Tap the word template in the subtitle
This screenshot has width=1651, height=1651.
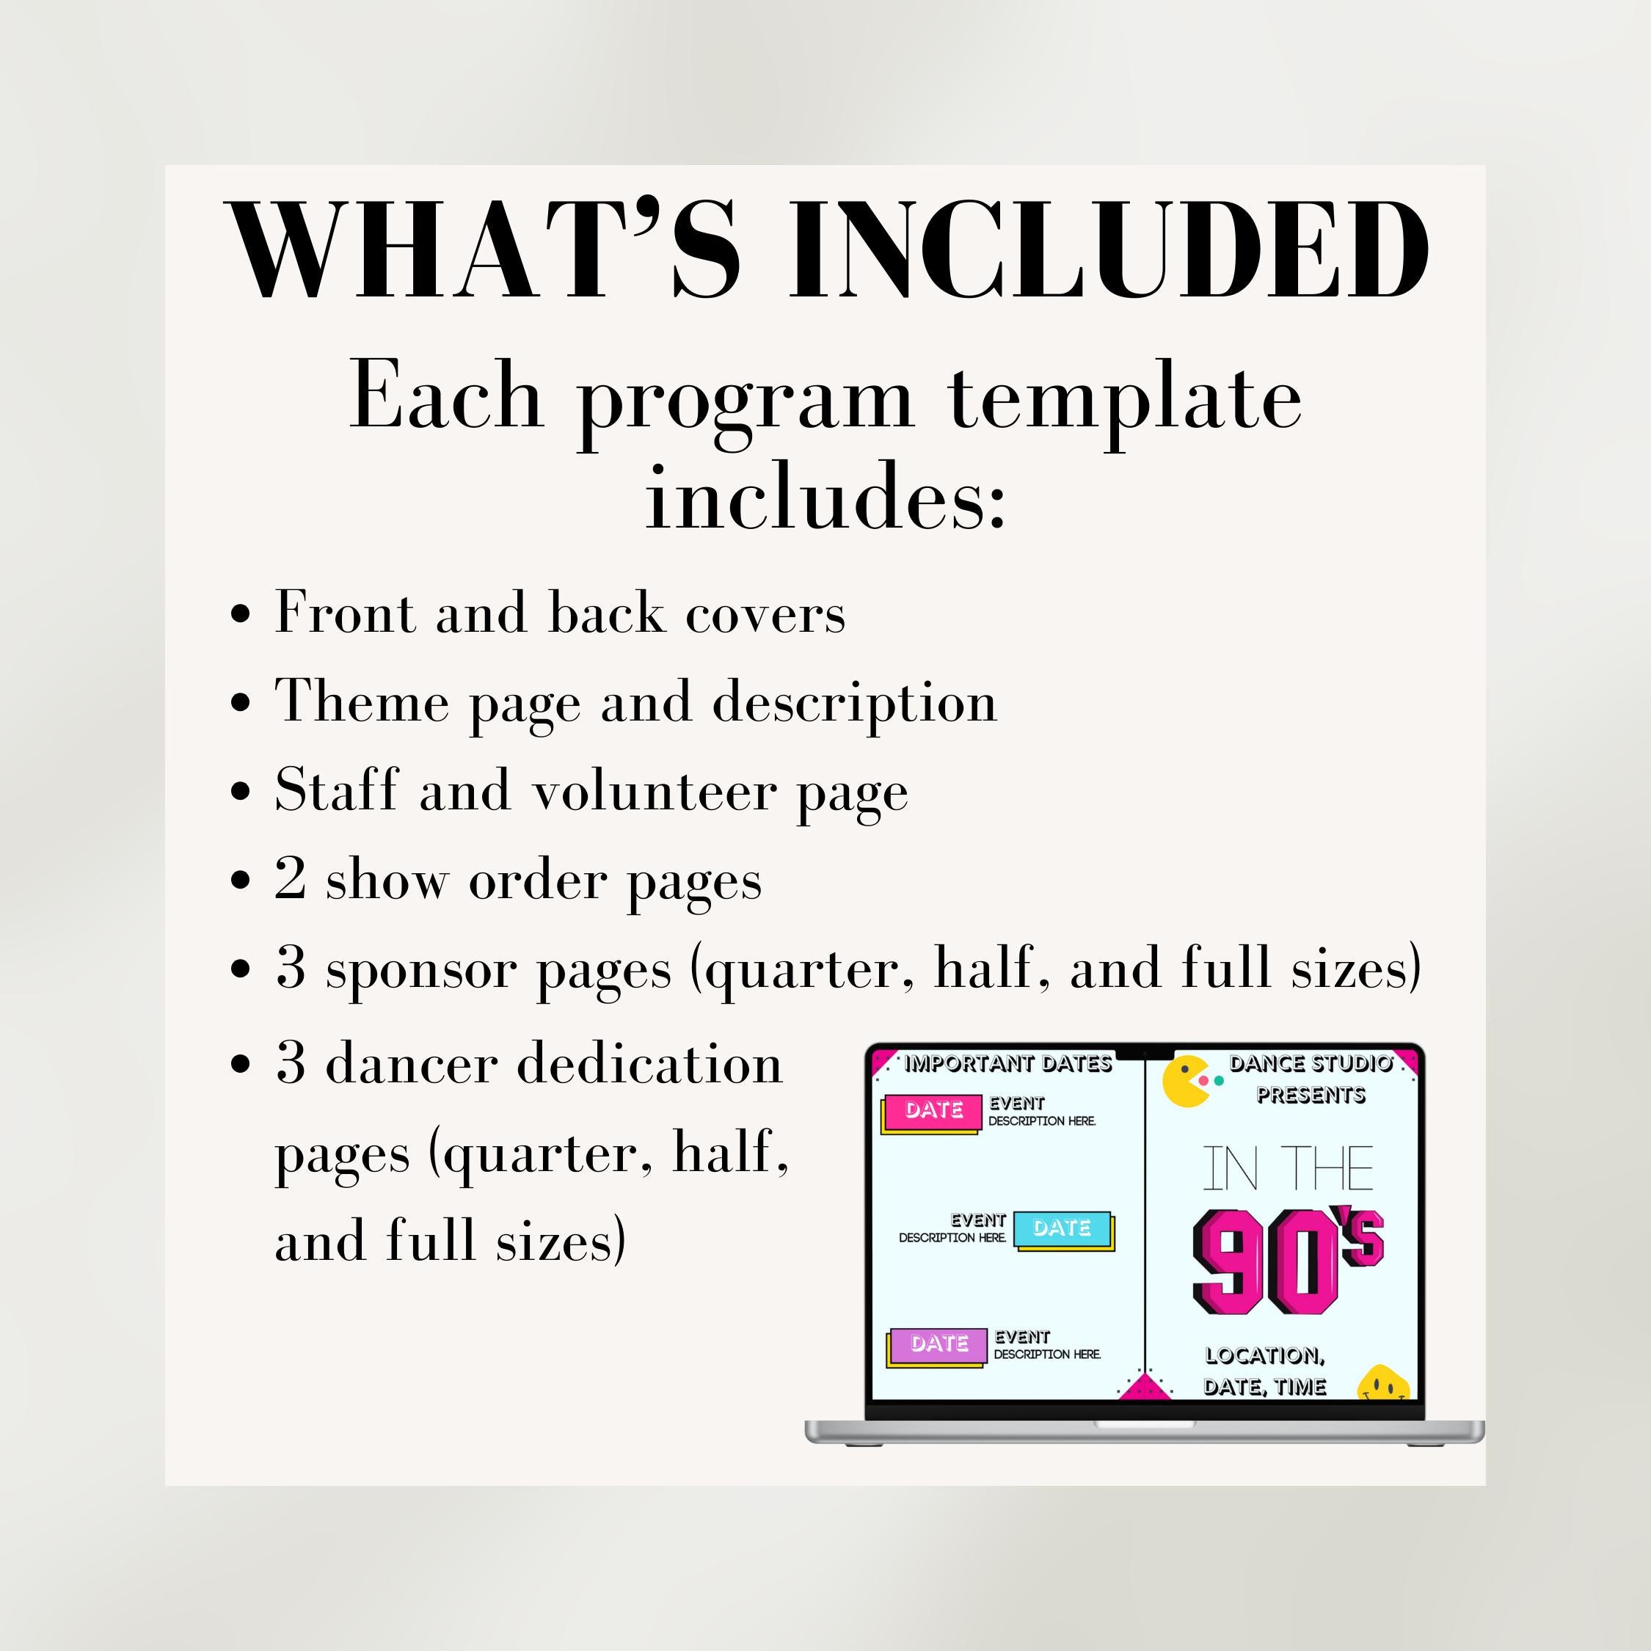coord(1126,398)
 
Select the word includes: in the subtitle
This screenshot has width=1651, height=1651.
coord(825,498)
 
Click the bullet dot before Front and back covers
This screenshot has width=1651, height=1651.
coord(241,613)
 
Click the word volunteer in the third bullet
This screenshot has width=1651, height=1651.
coord(655,790)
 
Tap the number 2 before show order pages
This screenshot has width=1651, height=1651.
coord(291,878)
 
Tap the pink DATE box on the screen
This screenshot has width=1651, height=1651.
coord(933,1110)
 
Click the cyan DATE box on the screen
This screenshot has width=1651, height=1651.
coord(1063,1228)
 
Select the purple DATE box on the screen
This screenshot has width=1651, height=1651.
coord(939,1344)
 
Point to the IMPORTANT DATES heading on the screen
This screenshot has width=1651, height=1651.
coord(1007,1064)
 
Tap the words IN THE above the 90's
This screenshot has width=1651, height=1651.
coord(1288,1169)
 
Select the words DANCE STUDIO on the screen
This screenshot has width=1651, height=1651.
coord(1311,1064)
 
